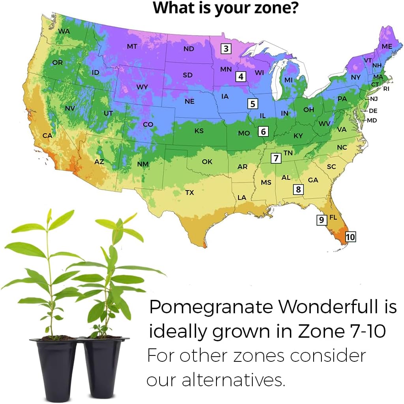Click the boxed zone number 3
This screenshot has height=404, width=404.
point(226,49)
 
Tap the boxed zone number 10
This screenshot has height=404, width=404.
point(350,237)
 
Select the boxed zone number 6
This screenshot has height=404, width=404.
point(263,131)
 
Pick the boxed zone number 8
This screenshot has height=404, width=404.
point(299,189)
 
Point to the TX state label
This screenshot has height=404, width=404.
point(190,193)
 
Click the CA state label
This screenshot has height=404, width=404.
point(47,136)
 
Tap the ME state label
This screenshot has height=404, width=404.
point(387,47)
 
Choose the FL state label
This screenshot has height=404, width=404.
point(333,217)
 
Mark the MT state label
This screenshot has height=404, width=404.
point(132,47)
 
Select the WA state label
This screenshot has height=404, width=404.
point(64,31)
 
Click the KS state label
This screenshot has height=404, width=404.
point(199,131)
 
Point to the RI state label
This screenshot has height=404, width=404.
point(386,89)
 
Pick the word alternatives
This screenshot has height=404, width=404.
point(233,380)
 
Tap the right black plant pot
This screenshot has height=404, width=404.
point(104,367)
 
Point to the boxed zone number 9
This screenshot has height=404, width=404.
point(322,220)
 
